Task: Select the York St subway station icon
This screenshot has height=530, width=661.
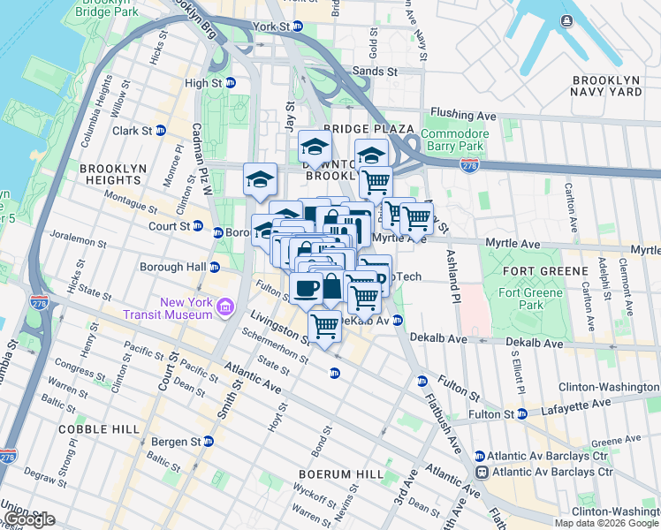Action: pyautogui.click(x=298, y=26)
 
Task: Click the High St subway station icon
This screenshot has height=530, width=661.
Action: pyautogui.click(x=231, y=83)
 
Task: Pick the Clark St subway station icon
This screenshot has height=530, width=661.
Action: pyautogui.click(x=160, y=131)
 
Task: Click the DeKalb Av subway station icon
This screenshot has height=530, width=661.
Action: pyautogui.click(x=399, y=321)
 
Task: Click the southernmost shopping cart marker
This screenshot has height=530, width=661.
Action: pyautogui.click(x=325, y=326)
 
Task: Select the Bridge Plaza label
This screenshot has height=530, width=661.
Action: pyautogui.click(x=356, y=129)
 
